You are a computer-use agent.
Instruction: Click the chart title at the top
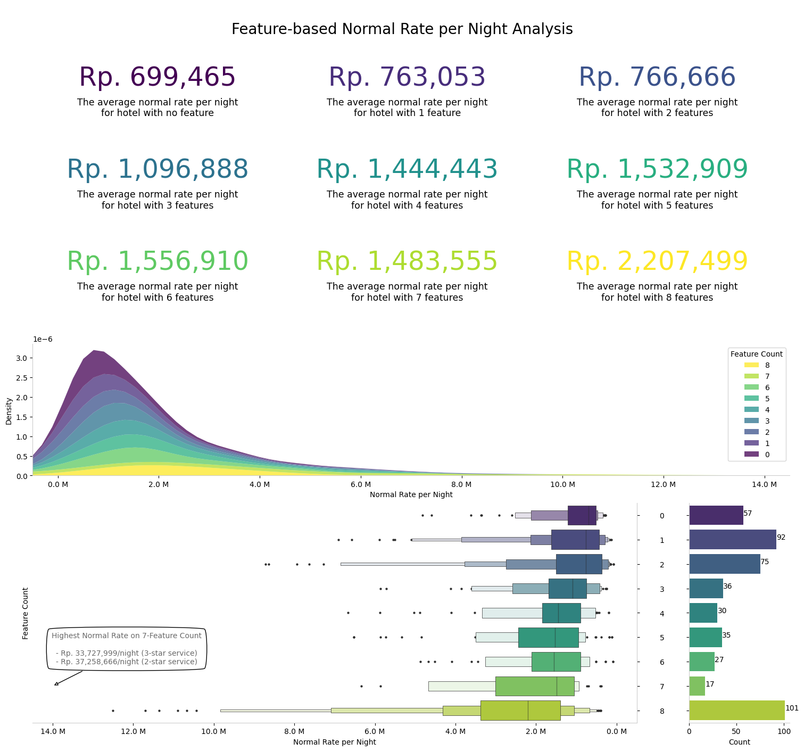402,29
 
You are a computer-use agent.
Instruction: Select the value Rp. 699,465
157,78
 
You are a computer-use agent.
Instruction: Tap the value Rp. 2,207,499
657,262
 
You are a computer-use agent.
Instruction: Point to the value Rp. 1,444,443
407,170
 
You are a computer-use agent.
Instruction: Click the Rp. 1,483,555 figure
407,262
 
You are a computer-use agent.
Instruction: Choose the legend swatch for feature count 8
751,365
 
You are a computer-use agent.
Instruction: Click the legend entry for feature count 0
756,455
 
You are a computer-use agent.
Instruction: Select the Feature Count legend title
756,354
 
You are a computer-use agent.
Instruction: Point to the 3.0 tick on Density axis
21,358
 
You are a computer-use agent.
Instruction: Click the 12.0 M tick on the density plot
663,484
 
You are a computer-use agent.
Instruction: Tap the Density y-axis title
9,410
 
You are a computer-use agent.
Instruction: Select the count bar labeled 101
736,711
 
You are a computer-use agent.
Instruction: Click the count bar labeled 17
697,686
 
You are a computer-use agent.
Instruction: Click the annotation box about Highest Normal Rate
127,649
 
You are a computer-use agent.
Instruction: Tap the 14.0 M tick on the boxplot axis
53,731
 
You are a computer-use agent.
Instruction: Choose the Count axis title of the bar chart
739,742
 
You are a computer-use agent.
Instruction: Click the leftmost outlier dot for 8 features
113,711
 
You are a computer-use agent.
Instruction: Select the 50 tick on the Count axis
736,731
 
